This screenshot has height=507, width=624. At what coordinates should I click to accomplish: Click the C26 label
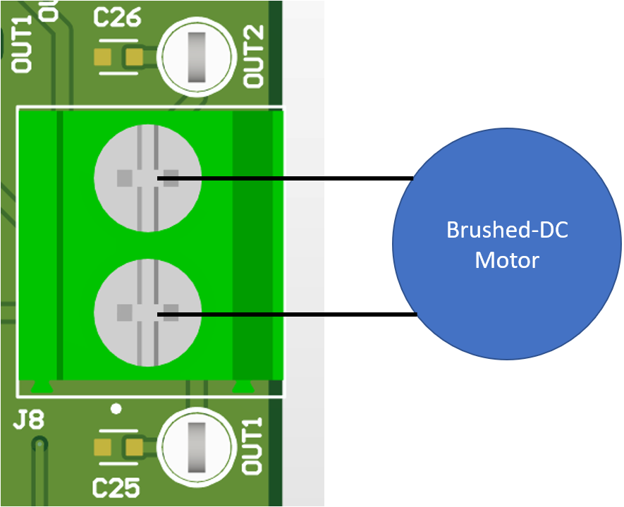pos(117,17)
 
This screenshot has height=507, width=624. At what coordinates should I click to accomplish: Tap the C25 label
pos(117,487)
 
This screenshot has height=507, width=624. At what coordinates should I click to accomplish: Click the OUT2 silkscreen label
pos(254,56)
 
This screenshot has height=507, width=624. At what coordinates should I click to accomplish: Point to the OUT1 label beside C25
pos(252,446)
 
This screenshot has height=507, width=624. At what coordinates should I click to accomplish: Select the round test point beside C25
pos(196,448)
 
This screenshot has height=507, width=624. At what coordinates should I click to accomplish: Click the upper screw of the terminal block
pos(147,178)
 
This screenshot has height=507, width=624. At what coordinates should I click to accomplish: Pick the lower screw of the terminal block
pos(147,312)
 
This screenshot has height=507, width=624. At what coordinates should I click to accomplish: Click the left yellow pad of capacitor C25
pos(103,446)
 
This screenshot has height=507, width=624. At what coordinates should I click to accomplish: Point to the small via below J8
pos(40,444)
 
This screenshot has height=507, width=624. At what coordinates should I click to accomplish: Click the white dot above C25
pos(116,408)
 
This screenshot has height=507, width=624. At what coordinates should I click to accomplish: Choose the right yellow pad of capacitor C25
pos(133,446)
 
